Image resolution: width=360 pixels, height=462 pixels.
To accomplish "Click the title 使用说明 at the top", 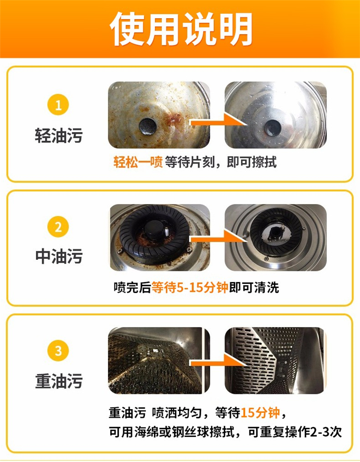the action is (x=181, y=29).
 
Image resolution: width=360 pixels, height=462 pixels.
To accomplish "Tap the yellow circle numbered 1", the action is (x=58, y=105).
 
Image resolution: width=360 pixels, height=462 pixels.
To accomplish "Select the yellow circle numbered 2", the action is (x=58, y=227).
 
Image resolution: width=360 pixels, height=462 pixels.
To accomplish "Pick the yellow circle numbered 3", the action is (x=58, y=351).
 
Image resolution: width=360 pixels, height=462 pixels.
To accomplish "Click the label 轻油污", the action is (x=59, y=135).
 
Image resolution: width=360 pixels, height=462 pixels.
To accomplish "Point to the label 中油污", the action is (x=59, y=256).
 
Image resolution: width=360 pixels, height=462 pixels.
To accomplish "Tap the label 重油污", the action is (x=59, y=381).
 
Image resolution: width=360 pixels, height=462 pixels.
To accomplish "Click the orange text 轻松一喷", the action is (x=138, y=162).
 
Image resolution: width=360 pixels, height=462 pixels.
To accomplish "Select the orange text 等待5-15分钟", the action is (x=190, y=287).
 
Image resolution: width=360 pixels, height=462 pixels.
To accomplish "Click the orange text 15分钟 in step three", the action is (x=260, y=413).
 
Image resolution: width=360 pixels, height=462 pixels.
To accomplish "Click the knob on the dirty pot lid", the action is (x=147, y=126).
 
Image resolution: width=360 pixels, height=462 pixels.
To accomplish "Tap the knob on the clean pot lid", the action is (x=273, y=127).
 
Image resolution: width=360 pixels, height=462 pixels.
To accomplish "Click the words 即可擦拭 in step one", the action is (x=252, y=162).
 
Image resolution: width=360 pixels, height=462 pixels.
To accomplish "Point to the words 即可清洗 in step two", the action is (x=254, y=287).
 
